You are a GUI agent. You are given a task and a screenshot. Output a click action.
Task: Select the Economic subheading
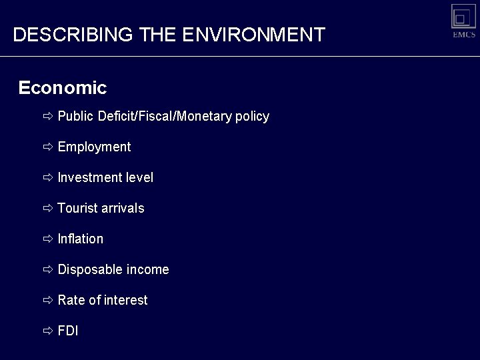pos(63,87)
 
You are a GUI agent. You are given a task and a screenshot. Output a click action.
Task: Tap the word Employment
pos(94,147)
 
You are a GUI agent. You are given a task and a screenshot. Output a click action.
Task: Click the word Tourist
pos(77,208)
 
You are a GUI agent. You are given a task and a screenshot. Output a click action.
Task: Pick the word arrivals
pos(123,208)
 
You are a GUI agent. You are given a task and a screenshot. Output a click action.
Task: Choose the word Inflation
pos(81,239)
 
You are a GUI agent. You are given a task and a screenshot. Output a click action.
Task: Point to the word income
pos(147,269)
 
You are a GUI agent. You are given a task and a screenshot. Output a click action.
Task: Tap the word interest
pos(125,300)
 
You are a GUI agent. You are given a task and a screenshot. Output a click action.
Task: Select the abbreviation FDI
pos(68,331)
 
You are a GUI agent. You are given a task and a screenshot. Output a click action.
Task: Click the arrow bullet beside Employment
pos(48,147)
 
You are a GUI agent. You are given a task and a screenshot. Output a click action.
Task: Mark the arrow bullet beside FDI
pos(48,331)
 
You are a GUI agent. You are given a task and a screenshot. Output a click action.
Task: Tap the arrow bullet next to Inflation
pos(48,239)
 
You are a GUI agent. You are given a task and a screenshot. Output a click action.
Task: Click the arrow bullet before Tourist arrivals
pos(48,208)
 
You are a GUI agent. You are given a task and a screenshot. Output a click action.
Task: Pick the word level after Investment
pos(139,177)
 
